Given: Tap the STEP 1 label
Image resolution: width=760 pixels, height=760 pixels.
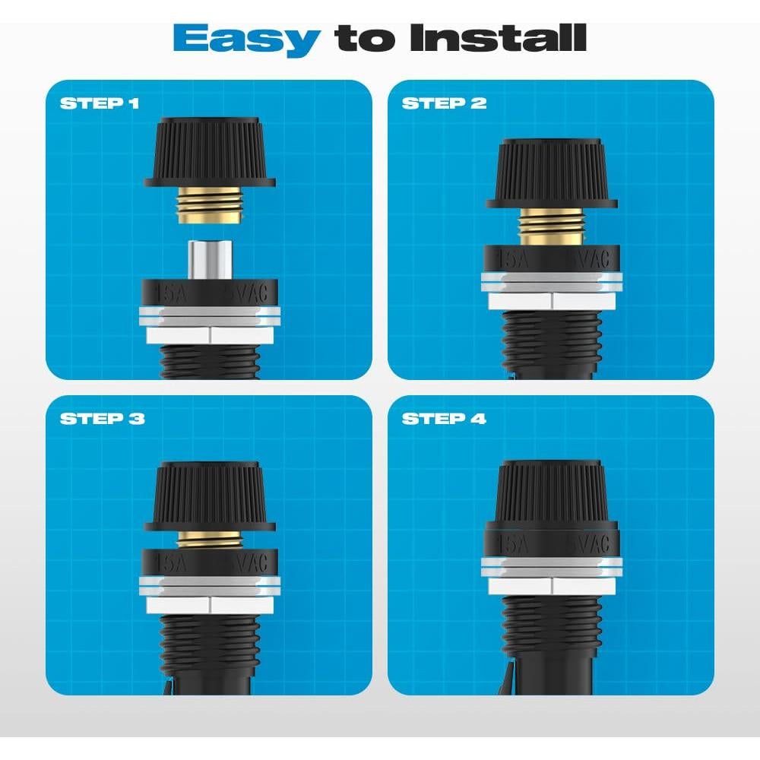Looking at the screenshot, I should (x=100, y=103).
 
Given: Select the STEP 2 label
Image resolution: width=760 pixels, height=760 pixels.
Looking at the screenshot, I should (x=444, y=103).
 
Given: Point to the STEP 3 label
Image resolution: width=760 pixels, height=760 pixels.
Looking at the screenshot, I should (x=102, y=419).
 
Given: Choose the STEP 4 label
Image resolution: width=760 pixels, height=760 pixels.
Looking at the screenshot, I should (x=444, y=419).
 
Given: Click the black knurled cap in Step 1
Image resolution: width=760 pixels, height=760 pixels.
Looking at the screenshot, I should (x=209, y=152).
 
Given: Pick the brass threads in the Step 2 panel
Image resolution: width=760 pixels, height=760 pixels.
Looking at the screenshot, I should (x=551, y=227).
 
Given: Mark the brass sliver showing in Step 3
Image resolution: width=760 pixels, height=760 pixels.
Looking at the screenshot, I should (x=209, y=538).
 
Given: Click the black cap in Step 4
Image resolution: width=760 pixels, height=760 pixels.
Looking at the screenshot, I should (x=551, y=494).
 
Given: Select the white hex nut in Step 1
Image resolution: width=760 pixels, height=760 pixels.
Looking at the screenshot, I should (x=209, y=334).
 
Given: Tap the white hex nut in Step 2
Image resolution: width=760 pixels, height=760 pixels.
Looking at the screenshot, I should (x=551, y=300).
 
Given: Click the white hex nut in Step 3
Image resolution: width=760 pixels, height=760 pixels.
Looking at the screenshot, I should (x=209, y=604).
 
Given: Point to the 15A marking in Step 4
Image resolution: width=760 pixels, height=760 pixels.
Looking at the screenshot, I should (x=511, y=545).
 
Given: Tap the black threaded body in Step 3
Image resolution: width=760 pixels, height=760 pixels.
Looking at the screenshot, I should (x=209, y=646).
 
